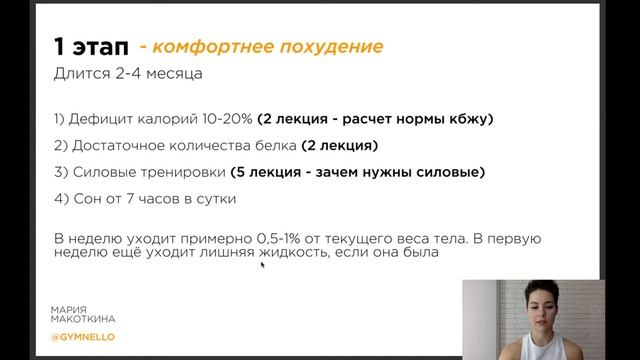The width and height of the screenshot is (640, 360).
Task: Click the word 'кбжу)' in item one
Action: (x=469, y=119)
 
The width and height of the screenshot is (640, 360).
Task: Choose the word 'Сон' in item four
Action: (x=85, y=198)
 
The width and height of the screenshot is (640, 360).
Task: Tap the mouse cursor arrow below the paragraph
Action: (x=263, y=266)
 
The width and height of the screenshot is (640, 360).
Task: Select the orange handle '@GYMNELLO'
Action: (x=83, y=337)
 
